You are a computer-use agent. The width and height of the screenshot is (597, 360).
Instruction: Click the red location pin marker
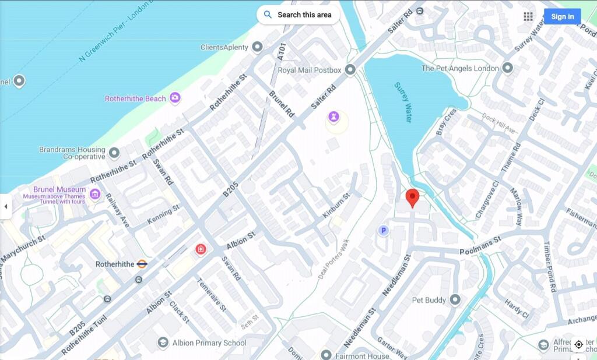point(412,197)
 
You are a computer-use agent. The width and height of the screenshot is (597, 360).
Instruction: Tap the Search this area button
point(298,15)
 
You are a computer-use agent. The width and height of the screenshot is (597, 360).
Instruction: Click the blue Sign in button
point(562,16)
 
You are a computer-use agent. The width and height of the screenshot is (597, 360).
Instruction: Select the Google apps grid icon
point(528,16)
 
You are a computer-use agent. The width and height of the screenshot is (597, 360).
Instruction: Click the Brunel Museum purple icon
point(95,194)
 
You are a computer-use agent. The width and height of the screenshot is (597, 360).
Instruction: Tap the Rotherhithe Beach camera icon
point(175,98)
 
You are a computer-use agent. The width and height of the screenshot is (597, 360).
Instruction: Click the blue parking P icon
point(383,231)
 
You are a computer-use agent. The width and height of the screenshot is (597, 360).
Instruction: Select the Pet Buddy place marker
point(455,300)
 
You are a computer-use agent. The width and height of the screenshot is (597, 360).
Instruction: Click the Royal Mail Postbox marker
point(350,70)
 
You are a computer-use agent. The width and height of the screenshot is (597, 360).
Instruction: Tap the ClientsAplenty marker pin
point(257,47)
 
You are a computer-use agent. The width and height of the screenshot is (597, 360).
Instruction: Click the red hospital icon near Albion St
point(201,249)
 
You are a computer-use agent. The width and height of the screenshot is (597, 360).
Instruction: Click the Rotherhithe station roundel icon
point(142,264)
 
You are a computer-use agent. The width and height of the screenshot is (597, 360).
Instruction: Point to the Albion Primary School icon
point(163,343)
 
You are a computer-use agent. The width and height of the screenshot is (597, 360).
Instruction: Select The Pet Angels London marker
point(508,68)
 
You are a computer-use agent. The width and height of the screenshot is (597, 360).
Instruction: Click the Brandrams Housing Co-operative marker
point(114,153)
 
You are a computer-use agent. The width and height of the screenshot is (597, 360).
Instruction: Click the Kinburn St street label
point(336,206)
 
